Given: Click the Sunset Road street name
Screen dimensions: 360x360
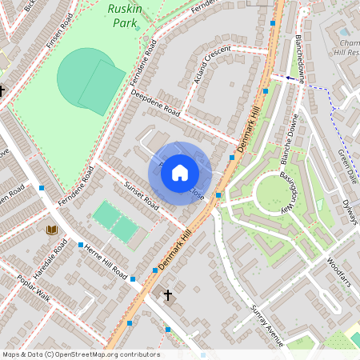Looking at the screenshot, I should point(142,198).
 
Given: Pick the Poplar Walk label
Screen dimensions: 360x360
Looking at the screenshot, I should point(33,298).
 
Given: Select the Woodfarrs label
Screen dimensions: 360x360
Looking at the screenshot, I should point(339,271).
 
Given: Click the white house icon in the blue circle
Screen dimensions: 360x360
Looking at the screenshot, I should point(180,173).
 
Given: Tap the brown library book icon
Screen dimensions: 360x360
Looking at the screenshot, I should point(51,230).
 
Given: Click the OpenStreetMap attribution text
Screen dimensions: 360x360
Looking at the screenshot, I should point(80,354).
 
